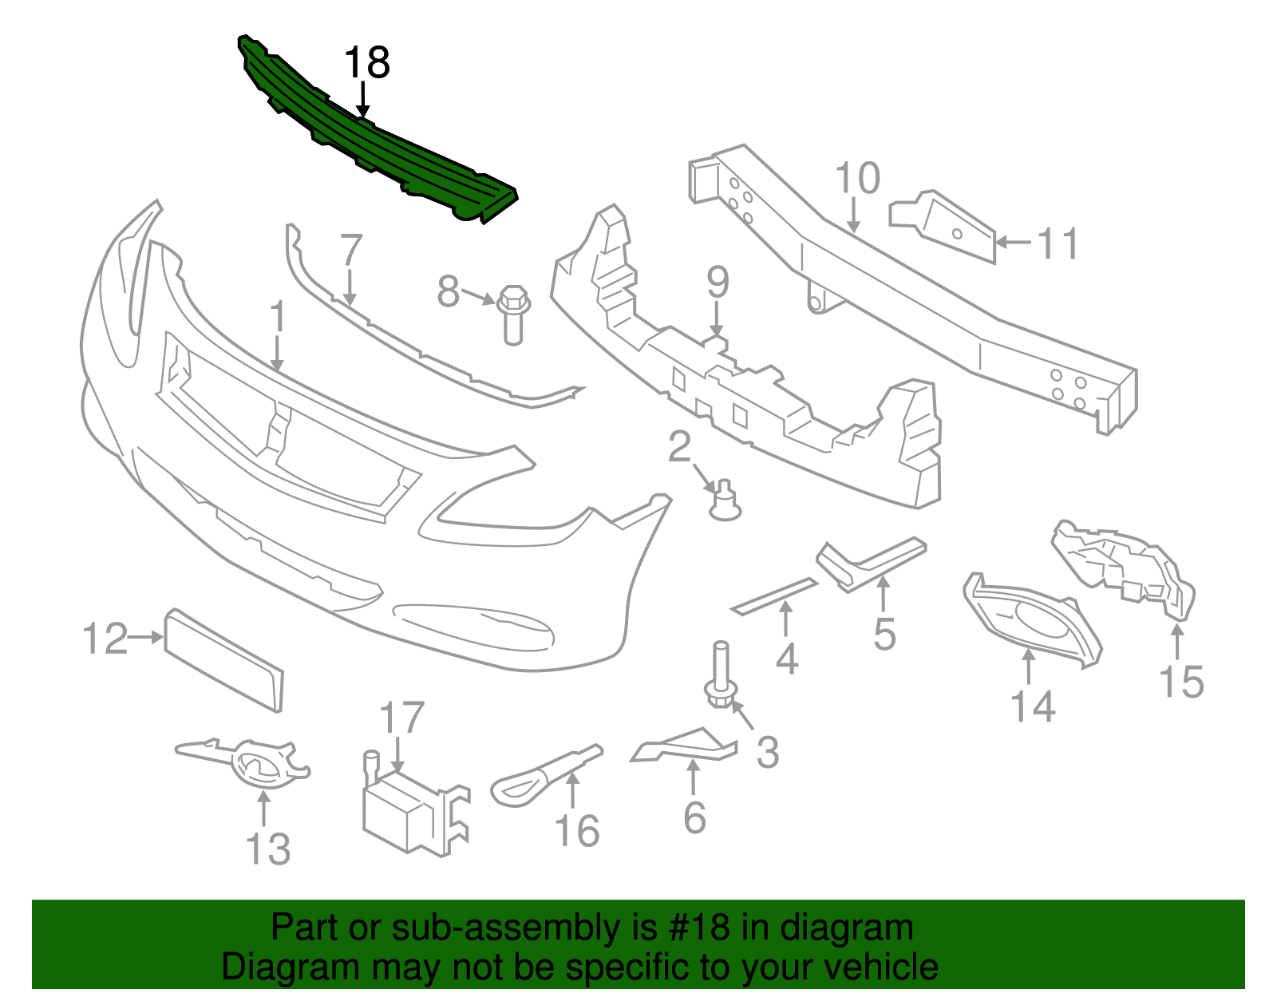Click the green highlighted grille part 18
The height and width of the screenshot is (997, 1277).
tap(375, 144)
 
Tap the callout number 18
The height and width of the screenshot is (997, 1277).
tap(366, 63)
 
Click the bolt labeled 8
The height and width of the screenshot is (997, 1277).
tap(513, 314)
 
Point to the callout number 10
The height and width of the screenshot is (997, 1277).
tap(857, 179)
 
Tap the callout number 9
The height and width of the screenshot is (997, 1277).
tap(718, 282)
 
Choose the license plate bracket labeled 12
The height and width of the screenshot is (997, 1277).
tap(223, 660)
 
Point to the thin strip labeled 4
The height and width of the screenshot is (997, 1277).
tap(774, 595)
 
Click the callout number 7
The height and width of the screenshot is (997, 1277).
tap(351, 250)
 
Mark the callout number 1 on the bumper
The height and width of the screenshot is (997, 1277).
tap(277, 317)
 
